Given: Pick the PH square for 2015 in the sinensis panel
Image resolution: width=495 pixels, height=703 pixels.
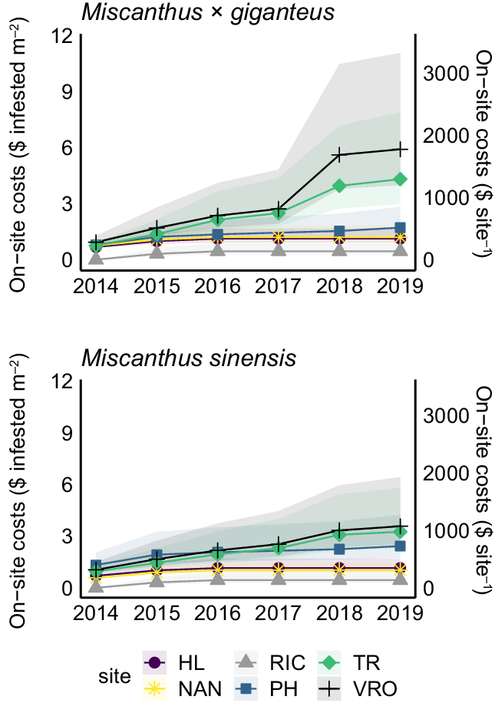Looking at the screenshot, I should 157,555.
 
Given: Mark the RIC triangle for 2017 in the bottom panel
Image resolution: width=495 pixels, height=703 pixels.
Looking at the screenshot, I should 279,576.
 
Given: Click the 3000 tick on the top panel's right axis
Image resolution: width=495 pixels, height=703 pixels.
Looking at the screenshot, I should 442,74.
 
